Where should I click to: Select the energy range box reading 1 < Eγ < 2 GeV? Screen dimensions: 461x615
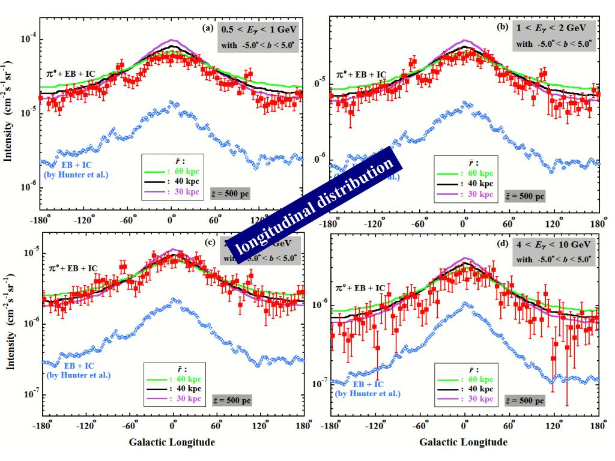pos(554,29)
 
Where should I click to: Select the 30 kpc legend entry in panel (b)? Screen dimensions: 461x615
pos(467,194)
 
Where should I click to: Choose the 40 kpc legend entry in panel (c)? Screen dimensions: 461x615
pos(175,388)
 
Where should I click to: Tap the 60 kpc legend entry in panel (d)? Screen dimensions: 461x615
pos(467,379)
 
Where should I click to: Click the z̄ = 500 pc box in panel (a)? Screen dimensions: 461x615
pos(230,193)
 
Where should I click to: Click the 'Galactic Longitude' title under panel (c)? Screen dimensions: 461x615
pos(171,442)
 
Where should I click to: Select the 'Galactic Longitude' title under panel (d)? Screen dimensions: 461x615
pos(462,442)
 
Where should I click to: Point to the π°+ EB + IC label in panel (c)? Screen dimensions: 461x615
pos(73,268)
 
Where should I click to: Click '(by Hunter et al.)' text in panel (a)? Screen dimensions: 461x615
pos(77,175)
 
